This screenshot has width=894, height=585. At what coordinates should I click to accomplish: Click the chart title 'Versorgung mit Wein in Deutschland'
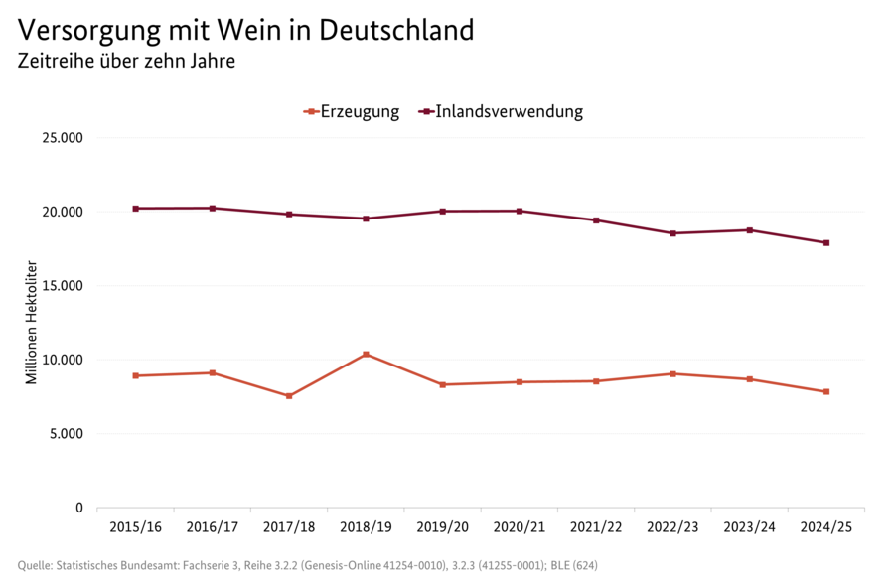pos(246,30)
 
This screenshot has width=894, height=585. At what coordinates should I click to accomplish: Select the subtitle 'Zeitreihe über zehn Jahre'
pos(126,62)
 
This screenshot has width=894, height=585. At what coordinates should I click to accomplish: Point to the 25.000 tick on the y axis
pos(62,138)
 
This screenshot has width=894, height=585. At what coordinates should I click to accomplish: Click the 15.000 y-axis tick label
pos(62,286)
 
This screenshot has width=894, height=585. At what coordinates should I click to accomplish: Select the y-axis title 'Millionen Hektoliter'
pos(31,323)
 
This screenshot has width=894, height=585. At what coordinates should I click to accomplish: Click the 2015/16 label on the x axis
pos(135,526)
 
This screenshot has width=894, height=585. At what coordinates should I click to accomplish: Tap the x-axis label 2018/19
pos(366,526)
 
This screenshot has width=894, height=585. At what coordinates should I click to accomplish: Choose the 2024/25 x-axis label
pos(826,526)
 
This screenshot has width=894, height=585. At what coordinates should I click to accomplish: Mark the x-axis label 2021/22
pos(596,526)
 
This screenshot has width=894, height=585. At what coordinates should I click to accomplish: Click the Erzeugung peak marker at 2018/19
pos(366,355)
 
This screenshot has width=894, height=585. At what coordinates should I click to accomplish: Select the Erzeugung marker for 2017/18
pos(289,396)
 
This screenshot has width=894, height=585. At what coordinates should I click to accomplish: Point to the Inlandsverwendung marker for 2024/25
pos(826,243)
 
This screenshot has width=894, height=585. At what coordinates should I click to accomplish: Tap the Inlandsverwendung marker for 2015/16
pos(135,209)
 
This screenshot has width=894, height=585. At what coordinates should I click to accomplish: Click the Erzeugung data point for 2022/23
pos(672,374)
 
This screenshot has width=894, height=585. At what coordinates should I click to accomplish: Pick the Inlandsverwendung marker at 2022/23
pos(672,233)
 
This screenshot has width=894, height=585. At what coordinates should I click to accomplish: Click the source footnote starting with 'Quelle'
pos(307,566)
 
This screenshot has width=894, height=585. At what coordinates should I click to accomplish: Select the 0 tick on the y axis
pos(79,508)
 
